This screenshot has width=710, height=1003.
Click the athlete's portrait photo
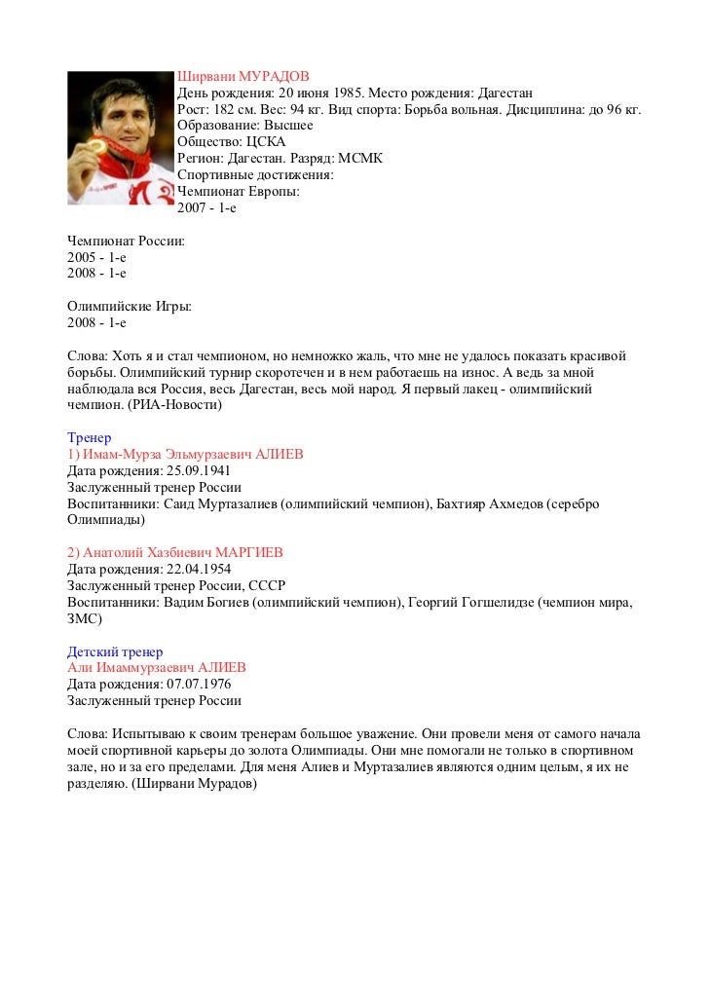click(x=120, y=136)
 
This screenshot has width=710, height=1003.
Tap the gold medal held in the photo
click(x=98, y=147)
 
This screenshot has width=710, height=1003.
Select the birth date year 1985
click(x=348, y=93)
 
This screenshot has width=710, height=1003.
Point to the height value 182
click(x=225, y=110)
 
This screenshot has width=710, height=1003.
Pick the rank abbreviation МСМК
click(x=360, y=159)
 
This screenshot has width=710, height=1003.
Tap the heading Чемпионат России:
click(x=126, y=241)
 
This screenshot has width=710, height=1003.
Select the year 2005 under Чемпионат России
click(x=82, y=257)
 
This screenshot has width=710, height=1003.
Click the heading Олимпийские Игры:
click(x=129, y=307)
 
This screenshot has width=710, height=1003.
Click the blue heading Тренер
click(x=89, y=438)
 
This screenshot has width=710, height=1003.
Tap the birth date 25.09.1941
click(x=198, y=471)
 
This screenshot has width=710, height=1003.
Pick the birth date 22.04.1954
click(x=198, y=570)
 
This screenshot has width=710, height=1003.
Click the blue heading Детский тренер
click(x=115, y=651)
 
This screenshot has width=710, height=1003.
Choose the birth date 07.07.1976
click(x=198, y=685)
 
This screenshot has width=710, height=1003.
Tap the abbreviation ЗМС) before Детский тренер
click(x=85, y=618)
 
